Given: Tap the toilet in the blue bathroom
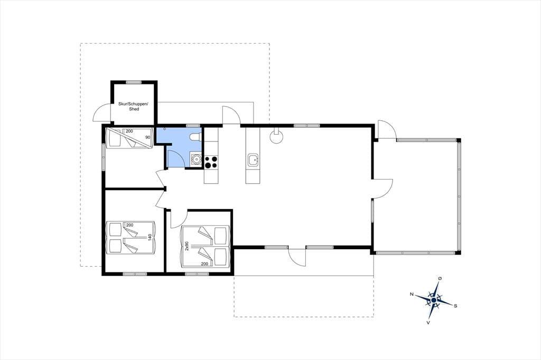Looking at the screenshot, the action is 195,137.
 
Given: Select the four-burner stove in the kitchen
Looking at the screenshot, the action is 211,162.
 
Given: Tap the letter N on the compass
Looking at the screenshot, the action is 412,294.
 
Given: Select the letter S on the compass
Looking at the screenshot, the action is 455,306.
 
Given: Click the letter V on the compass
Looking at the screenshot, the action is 428,323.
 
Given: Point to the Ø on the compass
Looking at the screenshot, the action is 440,278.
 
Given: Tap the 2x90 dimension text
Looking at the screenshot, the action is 186,246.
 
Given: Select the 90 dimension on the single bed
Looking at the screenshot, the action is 148,137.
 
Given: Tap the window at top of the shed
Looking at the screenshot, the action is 134,82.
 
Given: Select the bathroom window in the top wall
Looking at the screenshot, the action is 193,126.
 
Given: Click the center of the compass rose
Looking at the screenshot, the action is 434,300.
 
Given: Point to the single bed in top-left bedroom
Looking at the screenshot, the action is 129,138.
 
